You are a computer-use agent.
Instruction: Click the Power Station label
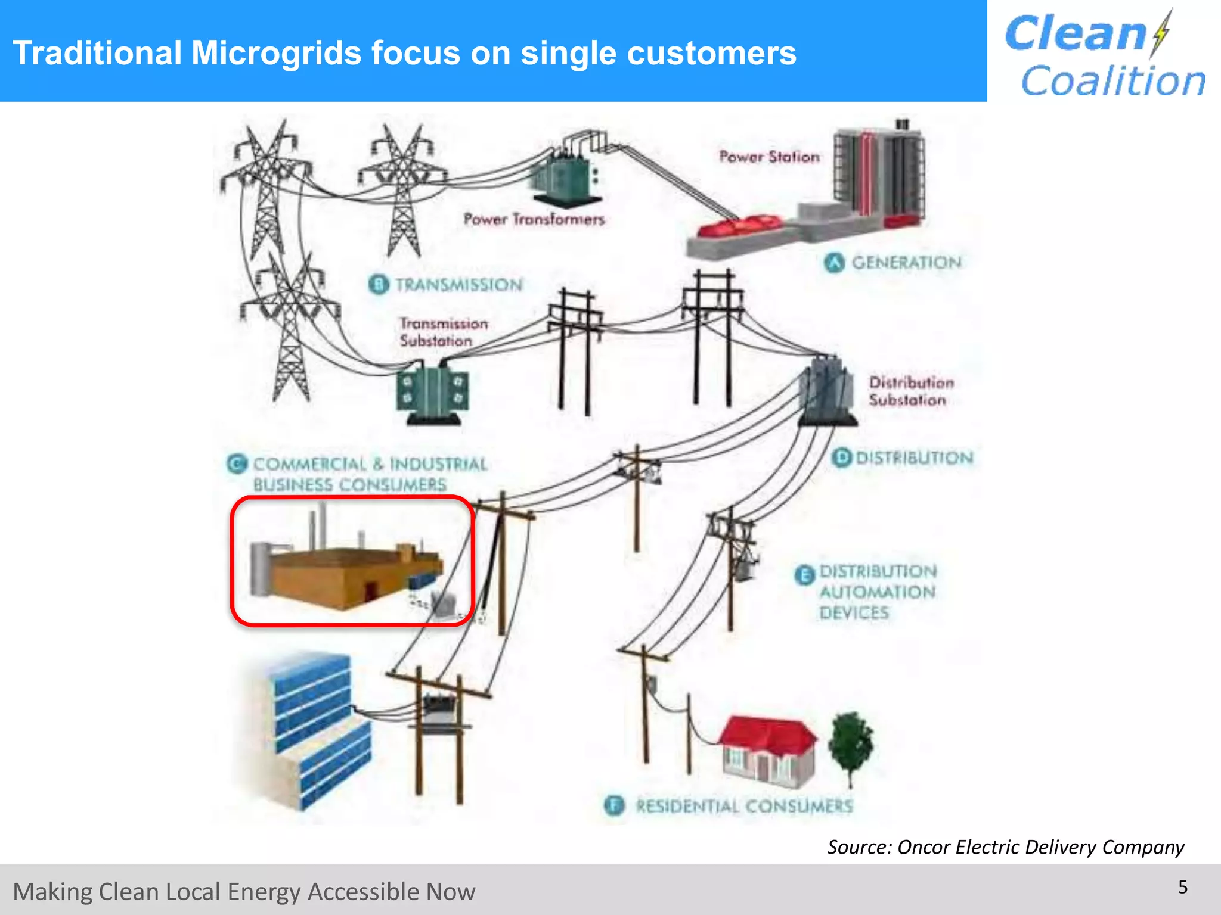coord(769,157)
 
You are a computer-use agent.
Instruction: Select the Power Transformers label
coord(534,219)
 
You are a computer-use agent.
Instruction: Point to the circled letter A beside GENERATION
coord(835,262)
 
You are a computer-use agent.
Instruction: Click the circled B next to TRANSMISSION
coord(379,284)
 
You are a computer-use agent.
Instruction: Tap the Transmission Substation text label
coord(443,332)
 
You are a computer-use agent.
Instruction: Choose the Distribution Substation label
coord(910,391)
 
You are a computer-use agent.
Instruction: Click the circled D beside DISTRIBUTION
coord(841,457)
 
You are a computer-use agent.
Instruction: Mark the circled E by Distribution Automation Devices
coord(804,575)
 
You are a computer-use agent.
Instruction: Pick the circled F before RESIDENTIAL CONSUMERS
coord(614,805)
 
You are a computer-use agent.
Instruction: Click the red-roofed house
coord(767,751)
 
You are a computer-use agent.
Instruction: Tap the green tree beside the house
coord(851,745)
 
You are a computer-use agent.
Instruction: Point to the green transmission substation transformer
coord(433,393)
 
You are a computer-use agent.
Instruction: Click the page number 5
coord(1183,887)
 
